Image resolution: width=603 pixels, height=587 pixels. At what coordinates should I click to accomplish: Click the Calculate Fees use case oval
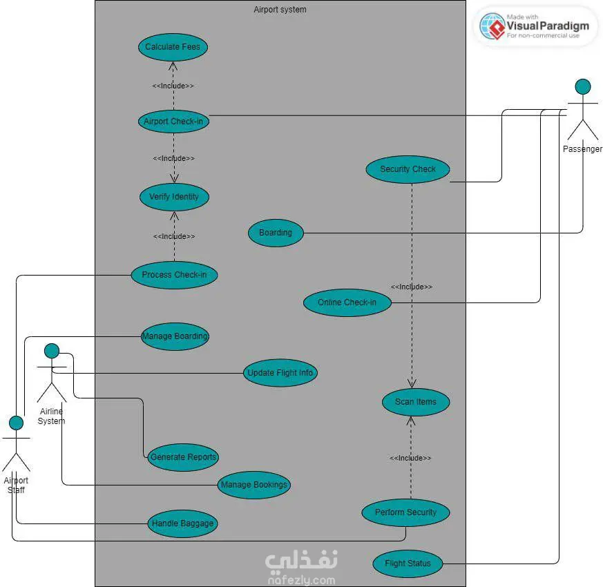click(172, 47)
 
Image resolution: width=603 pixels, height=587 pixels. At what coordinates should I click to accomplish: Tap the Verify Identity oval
click(174, 197)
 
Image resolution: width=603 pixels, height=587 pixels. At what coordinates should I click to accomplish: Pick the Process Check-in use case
click(174, 275)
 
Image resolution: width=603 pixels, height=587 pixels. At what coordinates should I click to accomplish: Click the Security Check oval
click(408, 169)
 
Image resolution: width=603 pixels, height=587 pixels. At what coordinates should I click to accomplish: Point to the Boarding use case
click(276, 233)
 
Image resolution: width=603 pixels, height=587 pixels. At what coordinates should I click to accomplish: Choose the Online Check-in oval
click(347, 302)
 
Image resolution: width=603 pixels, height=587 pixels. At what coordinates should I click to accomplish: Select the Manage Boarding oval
click(175, 337)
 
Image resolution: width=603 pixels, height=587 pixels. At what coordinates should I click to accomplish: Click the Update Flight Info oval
click(280, 373)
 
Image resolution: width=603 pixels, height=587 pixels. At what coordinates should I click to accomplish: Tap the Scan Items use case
click(416, 402)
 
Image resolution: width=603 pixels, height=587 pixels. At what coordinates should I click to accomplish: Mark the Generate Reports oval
click(183, 456)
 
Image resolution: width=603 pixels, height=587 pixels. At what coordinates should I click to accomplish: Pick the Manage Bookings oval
click(253, 485)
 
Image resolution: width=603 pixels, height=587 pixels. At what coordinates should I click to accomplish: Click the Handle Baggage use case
click(183, 523)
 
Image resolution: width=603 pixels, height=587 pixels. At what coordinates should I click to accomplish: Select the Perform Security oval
click(405, 512)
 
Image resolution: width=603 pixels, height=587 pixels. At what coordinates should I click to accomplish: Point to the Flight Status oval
click(408, 564)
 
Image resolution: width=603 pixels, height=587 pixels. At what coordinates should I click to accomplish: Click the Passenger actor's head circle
click(583, 86)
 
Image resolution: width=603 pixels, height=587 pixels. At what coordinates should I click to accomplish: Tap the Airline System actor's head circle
click(52, 351)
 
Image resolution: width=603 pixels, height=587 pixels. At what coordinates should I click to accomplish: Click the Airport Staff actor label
click(16, 485)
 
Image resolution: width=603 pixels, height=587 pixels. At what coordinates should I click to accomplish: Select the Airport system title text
click(280, 10)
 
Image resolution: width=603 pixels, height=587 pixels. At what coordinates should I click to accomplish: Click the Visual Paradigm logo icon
click(492, 26)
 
